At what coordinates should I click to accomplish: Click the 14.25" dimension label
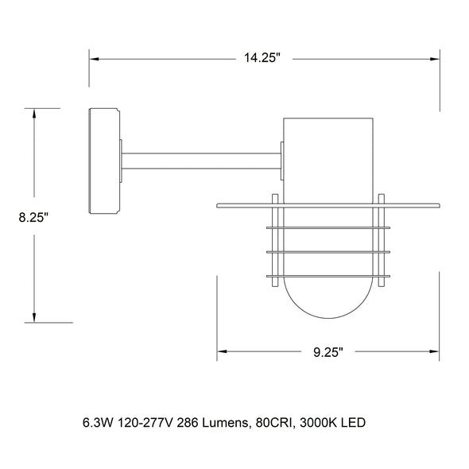262,57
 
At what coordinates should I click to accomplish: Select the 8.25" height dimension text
33,217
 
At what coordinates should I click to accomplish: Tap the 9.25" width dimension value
328,352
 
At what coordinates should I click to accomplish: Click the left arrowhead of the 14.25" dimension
95,60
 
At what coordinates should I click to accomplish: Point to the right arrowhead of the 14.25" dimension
435,60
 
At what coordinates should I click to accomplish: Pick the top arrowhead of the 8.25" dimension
34,114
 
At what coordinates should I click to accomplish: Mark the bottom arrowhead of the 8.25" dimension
34,318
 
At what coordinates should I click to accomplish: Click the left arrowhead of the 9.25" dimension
222,351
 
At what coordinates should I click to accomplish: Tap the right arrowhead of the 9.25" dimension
434,351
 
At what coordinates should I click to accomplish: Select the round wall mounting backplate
104,161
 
